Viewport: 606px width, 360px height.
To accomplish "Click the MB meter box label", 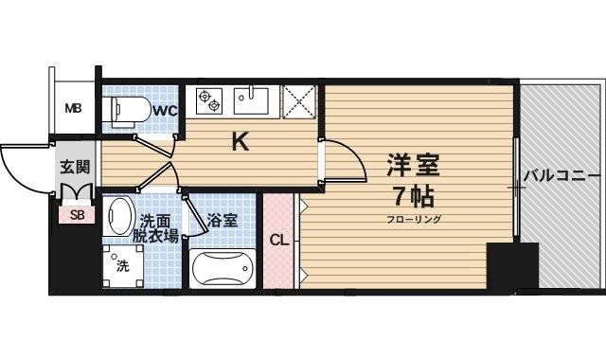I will click(73, 108).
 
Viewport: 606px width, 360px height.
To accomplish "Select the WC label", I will click(166, 111).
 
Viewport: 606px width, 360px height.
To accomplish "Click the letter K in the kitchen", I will click(241, 142).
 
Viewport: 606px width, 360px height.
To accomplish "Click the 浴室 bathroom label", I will click(223, 220).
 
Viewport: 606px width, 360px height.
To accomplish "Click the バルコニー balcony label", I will click(561, 176).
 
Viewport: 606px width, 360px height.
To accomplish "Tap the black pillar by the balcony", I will click(511, 268).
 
